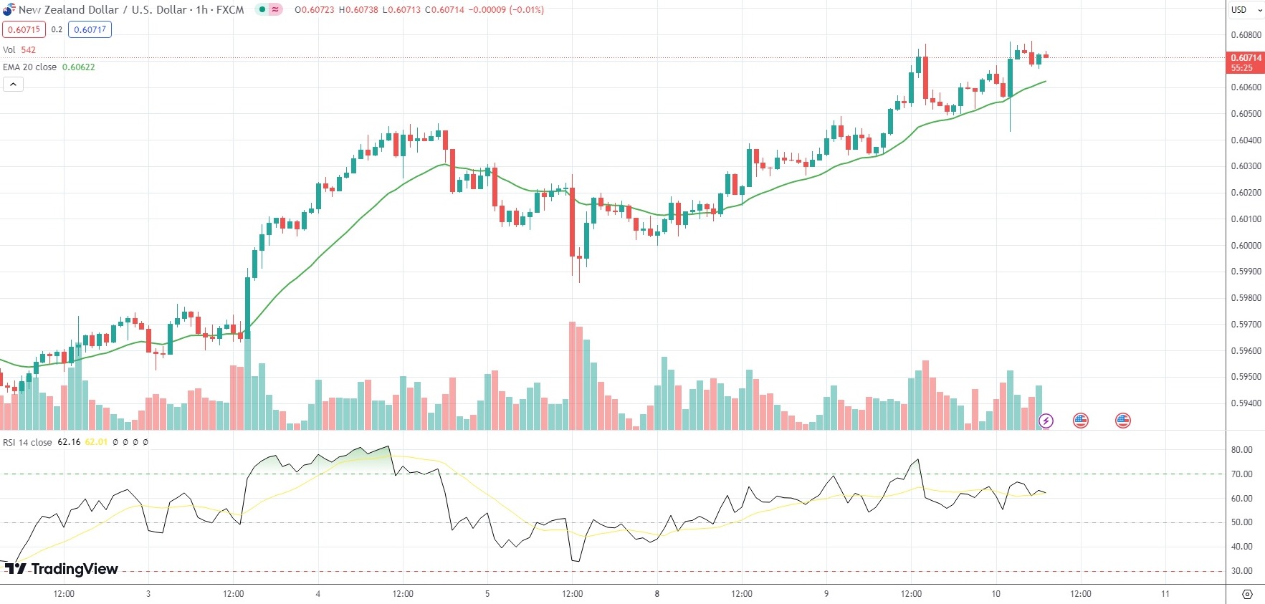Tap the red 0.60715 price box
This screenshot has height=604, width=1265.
tap(24, 29)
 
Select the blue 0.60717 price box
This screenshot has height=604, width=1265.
tap(90, 29)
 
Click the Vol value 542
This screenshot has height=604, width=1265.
tap(28, 49)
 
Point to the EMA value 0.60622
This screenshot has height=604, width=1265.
tap(78, 67)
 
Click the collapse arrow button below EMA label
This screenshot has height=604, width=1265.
tap(13, 84)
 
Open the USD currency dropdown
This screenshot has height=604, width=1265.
tap(1246, 10)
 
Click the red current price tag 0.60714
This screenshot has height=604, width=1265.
tap(1246, 58)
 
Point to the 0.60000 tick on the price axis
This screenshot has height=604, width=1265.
tap(1246, 245)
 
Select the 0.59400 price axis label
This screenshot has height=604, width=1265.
tap(1246, 403)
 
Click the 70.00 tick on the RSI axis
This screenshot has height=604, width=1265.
tap(1241, 474)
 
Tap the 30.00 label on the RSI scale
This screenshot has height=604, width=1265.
tap(1241, 571)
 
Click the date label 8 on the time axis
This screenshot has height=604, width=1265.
tap(657, 593)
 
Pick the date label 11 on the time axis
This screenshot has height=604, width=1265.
tap(1165, 593)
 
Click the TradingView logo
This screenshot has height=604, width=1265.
tap(62, 569)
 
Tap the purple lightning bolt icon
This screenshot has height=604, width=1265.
tap(1046, 421)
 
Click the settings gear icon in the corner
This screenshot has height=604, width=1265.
tap(1247, 594)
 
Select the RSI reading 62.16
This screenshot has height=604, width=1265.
tap(69, 442)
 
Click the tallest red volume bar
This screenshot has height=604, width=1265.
tap(572, 375)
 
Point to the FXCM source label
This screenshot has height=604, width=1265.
tap(230, 10)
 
